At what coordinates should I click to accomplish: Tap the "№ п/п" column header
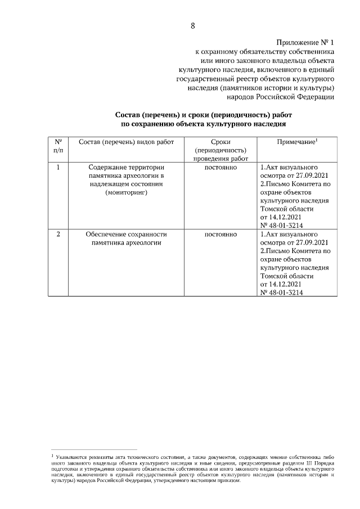point(58,147)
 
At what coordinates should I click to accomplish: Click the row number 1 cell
point(58,167)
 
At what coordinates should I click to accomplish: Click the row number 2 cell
point(58,234)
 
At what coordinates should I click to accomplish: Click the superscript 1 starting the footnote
point(52,452)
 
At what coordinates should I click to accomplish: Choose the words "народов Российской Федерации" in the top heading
point(286,97)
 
